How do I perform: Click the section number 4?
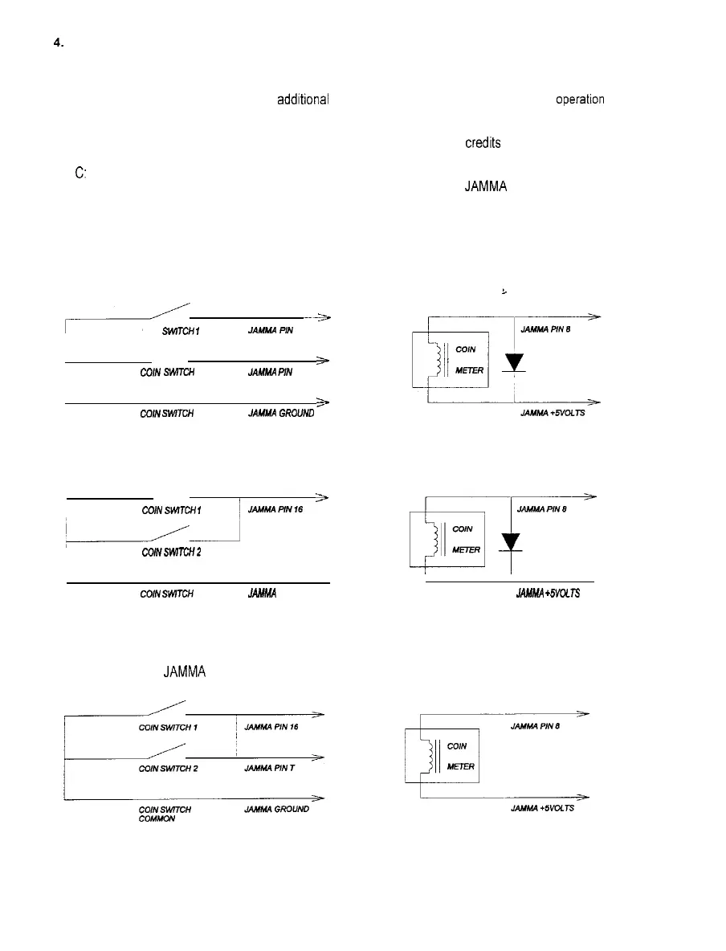(58, 46)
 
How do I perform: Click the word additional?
(303, 100)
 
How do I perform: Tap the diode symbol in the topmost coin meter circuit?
(513, 362)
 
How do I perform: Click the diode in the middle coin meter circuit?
(511, 542)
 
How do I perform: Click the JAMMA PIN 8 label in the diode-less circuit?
(535, 727)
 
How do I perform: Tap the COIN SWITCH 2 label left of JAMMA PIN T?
(168, 768)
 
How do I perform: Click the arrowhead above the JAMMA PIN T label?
(319, 757)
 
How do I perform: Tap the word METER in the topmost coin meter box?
(468, 370)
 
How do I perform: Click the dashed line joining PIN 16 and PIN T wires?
(237, 736)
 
